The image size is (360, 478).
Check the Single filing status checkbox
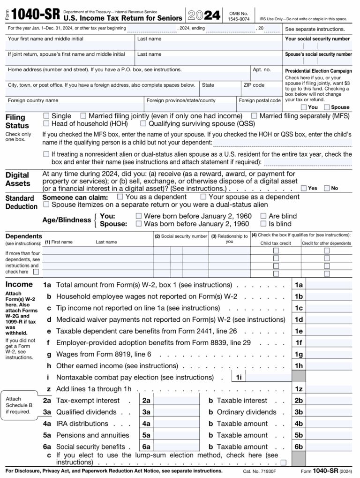point(46,115)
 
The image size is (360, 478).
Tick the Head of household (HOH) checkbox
point(46,123)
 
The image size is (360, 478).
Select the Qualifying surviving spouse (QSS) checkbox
point(143,123)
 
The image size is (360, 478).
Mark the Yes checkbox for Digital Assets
point(304,188)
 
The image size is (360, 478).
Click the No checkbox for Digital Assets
point(327,188)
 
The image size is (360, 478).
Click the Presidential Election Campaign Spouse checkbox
point(327,107)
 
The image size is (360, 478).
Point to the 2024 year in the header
point(204,15)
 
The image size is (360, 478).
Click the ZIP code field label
point(254,85)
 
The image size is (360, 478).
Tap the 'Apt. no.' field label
point(262,69)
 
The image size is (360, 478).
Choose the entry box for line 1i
point(268,377)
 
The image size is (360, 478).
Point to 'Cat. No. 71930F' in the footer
point(259,471)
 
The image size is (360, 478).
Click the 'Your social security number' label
point(317,39)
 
